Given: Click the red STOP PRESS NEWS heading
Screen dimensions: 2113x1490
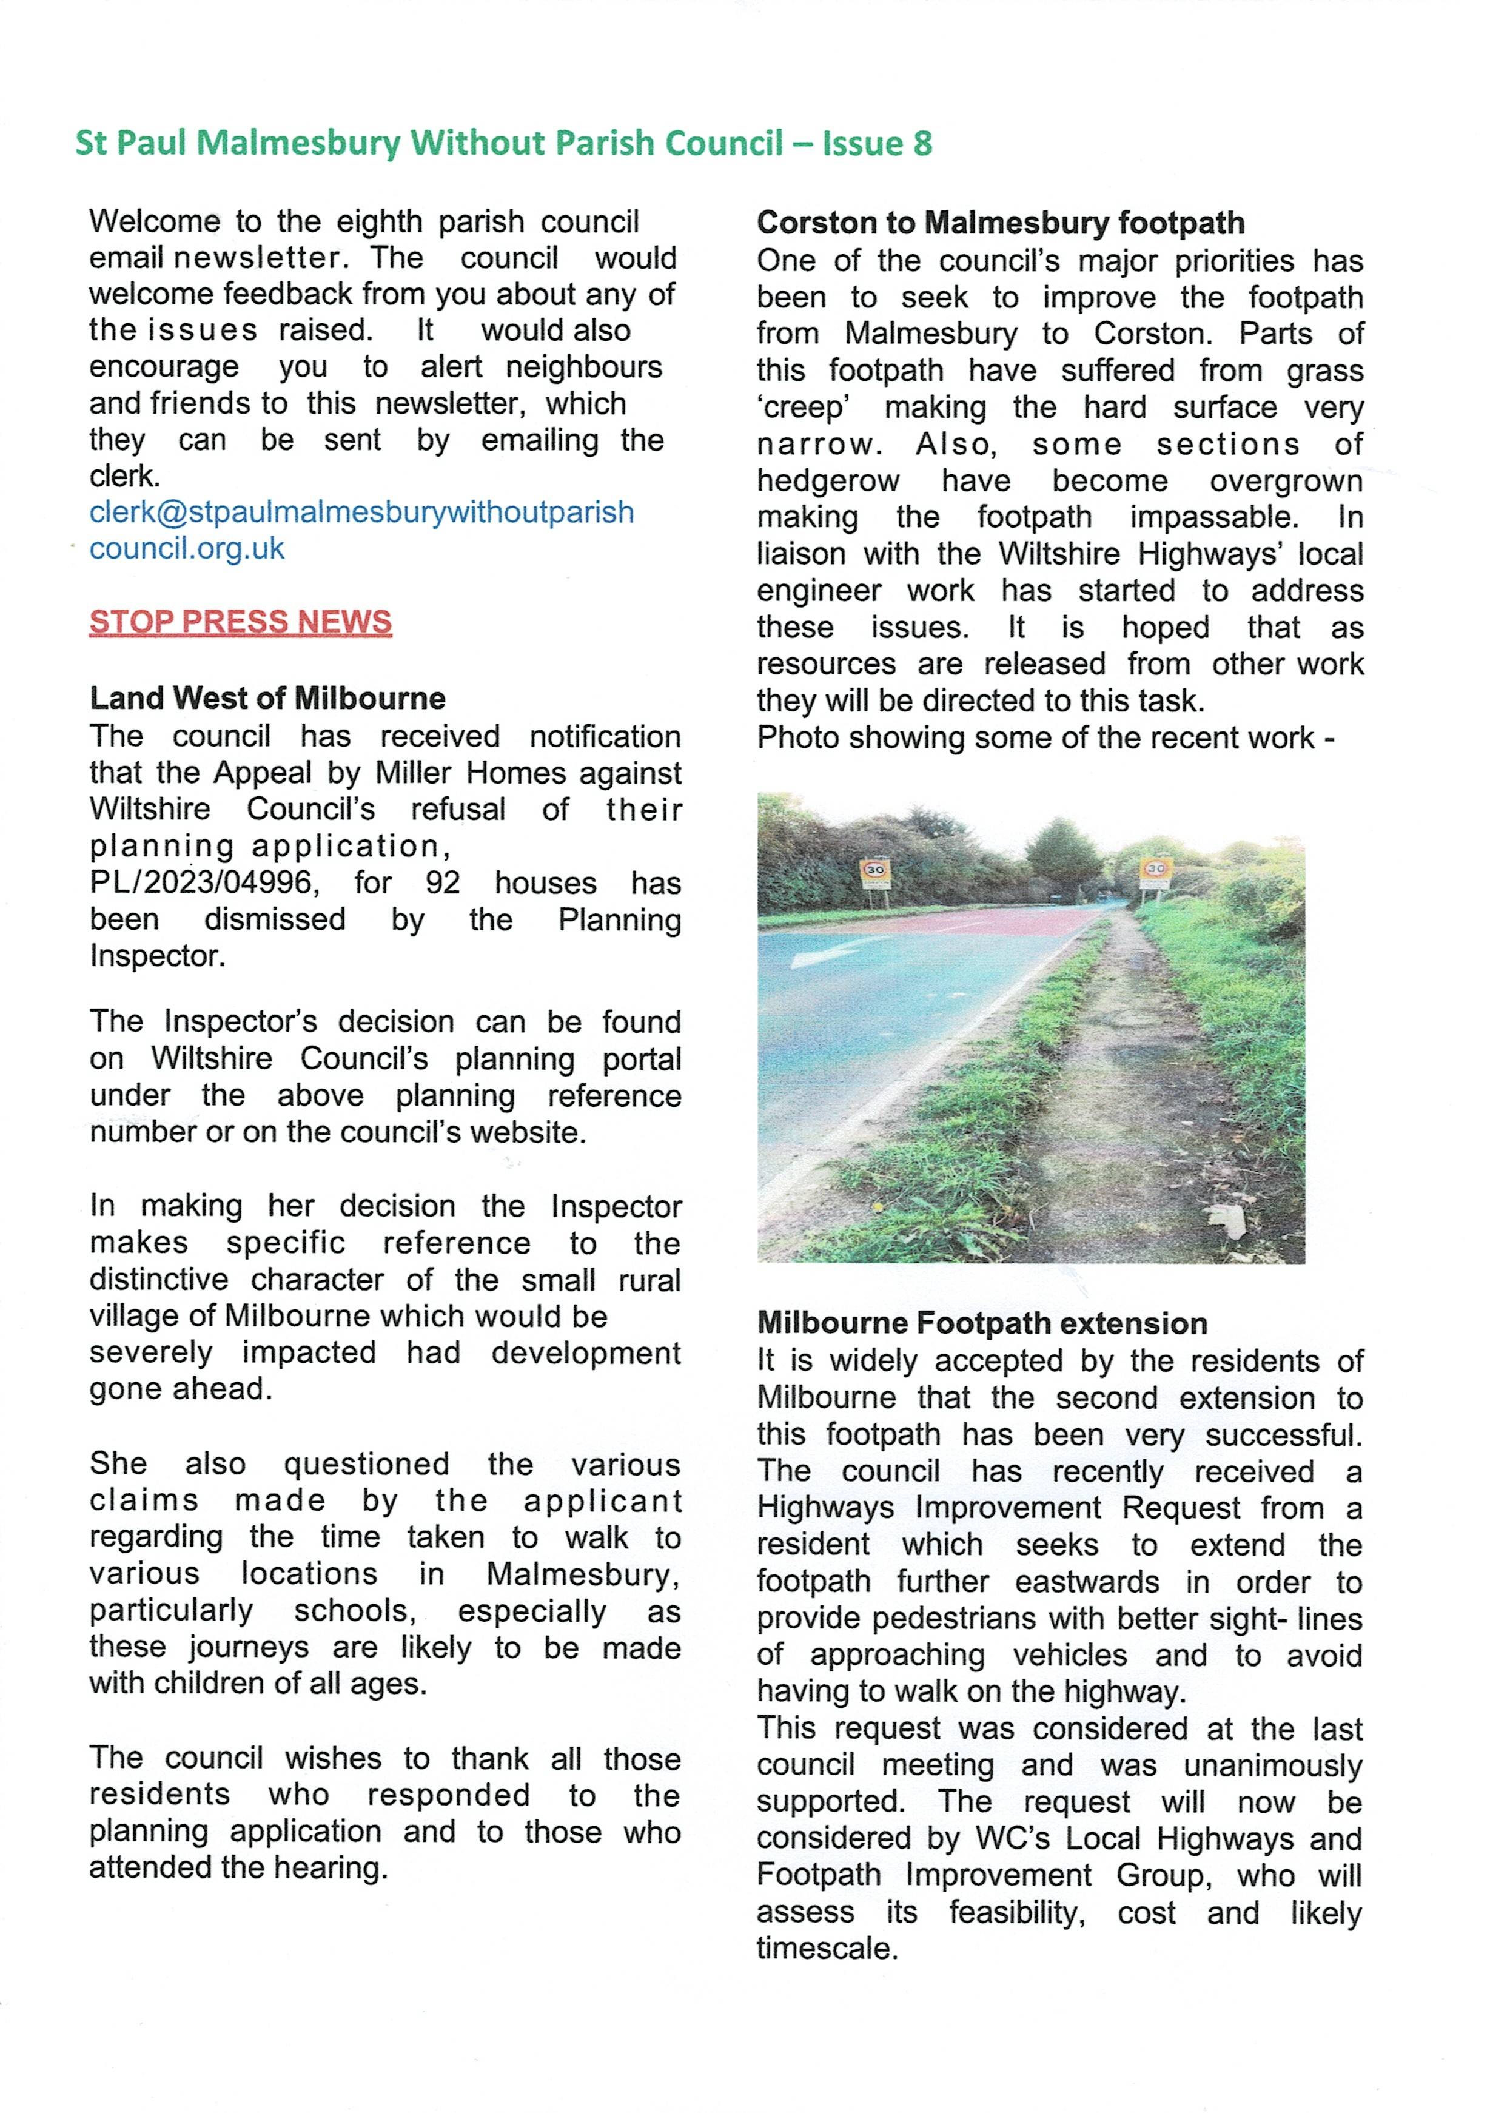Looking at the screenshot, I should coord(240,622).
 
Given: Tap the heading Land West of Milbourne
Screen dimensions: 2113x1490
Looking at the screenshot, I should coord(267,699).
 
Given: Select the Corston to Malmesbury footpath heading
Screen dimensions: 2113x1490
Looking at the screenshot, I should coord(1001,223).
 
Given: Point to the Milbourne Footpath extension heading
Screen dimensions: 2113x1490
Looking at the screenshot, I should coord(982,1323).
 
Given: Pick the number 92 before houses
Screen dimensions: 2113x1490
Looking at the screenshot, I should coord(443,882).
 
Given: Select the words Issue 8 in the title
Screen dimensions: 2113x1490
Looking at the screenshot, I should coord(876,144).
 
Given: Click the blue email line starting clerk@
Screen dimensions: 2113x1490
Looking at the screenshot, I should coord(361,512).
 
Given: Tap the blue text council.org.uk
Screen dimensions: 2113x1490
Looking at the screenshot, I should coord(187,548).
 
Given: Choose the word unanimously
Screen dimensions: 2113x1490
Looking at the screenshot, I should coord(1273,1765).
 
